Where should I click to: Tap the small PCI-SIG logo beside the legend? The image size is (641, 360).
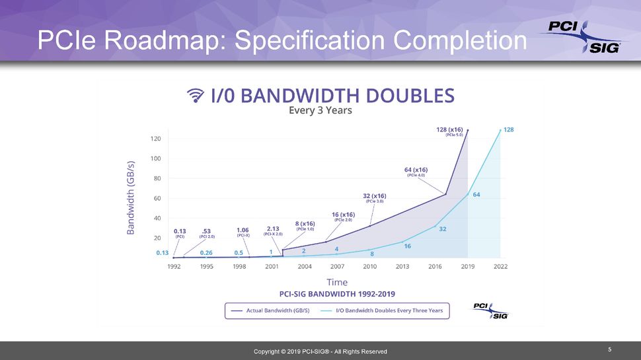(490, 310)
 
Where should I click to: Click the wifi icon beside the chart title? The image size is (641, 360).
(196, 96)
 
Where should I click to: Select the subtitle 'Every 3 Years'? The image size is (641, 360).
(320, 111)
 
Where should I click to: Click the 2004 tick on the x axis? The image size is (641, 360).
(305, 266)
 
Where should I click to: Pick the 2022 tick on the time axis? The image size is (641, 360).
(500, 266)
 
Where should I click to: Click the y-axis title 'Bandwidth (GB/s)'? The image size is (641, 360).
(131, 198)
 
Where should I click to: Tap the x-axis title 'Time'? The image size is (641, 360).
(336, 282)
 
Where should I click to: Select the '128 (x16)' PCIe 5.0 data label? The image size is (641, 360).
(450, 131)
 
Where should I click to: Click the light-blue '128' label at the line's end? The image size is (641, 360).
(509, 130)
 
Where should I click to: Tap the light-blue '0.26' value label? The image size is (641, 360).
(206, 252)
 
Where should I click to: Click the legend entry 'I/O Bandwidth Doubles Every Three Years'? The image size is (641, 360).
(383, 310)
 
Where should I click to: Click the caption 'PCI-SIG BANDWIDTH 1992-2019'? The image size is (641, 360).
(337, 293)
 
